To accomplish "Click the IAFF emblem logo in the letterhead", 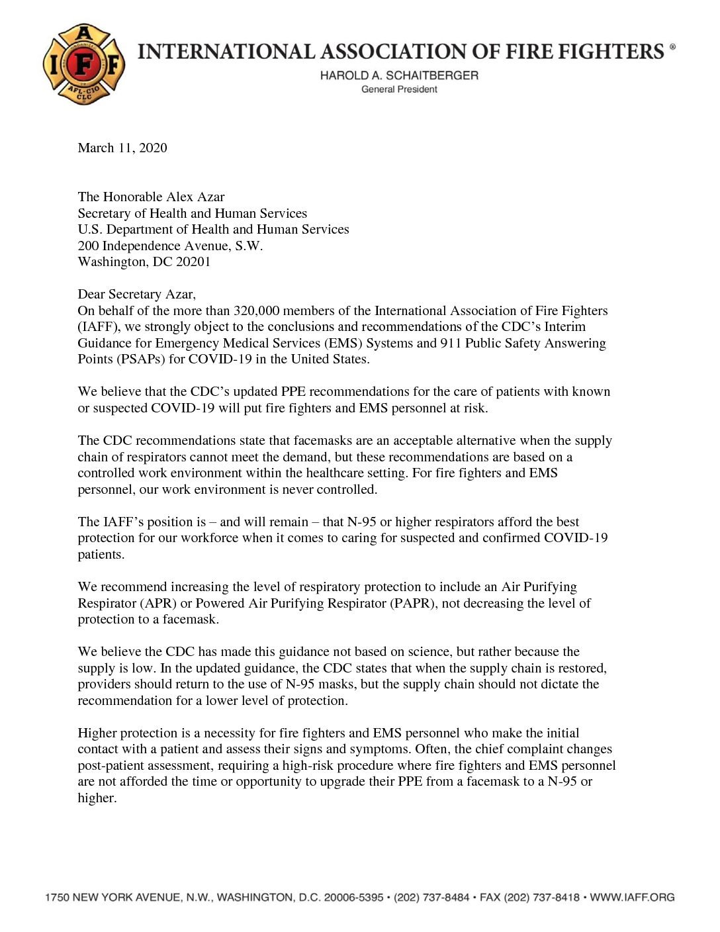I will click(84, 64).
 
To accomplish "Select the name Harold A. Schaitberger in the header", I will click(399, 75).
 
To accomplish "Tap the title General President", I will click(399, 89).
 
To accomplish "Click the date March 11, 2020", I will click(122, 148).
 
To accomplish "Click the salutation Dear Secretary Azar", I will click(136, 294).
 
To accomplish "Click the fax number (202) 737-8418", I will click(542, 898).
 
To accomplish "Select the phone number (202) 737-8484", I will click(431, 898).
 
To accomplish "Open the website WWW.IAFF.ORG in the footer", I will click(632, 898).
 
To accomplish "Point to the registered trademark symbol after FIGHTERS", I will click(672, 47).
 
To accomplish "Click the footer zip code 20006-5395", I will click(353, 898).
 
